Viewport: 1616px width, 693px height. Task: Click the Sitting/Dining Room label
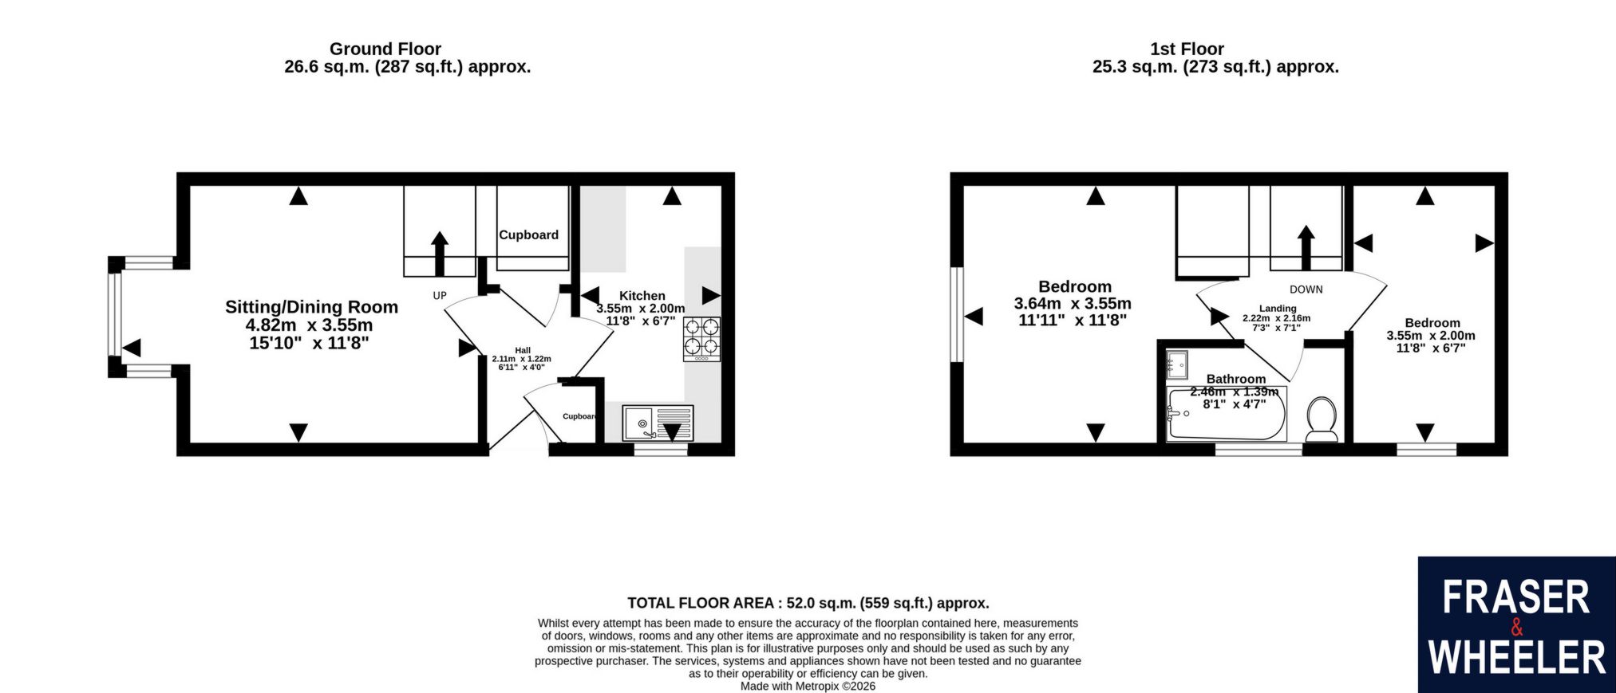pos(311,307)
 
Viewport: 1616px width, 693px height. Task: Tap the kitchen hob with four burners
pos(701,339)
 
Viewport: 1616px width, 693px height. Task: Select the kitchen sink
pos(659,423)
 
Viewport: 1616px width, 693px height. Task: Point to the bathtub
pos(1227,414)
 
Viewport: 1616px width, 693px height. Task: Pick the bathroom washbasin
pos(1177,364)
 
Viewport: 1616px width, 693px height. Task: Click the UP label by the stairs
pos(440,296)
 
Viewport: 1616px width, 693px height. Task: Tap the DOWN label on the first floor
pos(1306,289)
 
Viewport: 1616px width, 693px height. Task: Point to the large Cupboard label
pos(528,234)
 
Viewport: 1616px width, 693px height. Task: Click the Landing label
pos(1278,309)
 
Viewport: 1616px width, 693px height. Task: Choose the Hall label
pos(523,350)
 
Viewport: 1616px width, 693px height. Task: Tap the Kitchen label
pos(642,296)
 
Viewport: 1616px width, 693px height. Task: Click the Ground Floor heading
pos(385,49)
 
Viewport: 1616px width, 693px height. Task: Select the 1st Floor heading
pos(1187,49)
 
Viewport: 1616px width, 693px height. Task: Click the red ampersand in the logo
pos(1517,628)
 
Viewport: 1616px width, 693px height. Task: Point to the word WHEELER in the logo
pos(1516,658)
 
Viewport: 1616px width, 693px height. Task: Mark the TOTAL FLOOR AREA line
pos(808,603)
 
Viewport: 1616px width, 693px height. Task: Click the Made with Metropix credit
pos(808,686)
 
